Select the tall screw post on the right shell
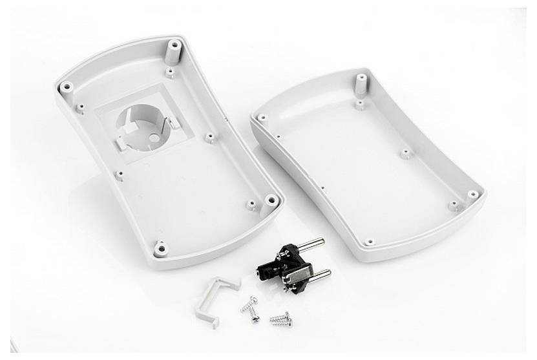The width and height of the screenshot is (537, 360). point(361,84)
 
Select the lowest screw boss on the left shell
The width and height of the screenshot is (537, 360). point(160,246)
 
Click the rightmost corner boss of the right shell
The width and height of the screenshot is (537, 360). point(474,195)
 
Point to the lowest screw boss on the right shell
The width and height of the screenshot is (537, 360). point(369,242)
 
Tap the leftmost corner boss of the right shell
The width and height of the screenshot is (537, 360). point(261,118)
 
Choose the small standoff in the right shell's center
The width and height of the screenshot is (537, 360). point(405,154)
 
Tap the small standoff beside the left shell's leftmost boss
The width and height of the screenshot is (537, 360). point(80,108)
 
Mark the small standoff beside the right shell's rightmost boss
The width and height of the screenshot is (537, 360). point(454,206)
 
